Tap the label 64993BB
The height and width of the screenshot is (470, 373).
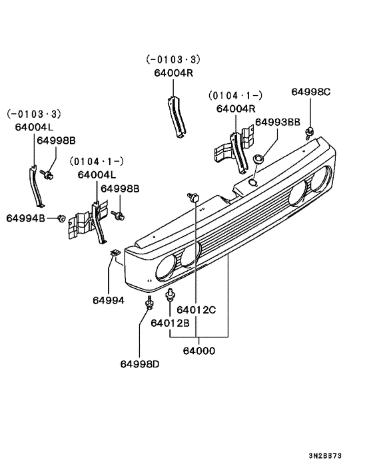pyautogui.click(x=278, y=122)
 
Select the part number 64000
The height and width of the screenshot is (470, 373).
pyautogui.click(x=200, y=350)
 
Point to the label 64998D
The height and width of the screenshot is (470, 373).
pyautogui.click(x=140, y=363)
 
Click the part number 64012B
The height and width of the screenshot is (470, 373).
pyautogui.click(x=170, y=323)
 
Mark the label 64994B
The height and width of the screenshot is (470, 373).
pyautogui.click(x=26, y=218)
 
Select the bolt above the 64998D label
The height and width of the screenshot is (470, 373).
pyautogui.click(x=147, y=306)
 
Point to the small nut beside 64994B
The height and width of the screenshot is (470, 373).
pyautogui.click(x=61, y=217)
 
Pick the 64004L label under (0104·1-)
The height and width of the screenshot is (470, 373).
pyautogui.click(x=97, y=175)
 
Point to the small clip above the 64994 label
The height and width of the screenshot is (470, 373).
pyautogui.click(x=115, y=252)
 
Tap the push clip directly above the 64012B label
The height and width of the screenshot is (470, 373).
pyautogui.click(x=171, y=294)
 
